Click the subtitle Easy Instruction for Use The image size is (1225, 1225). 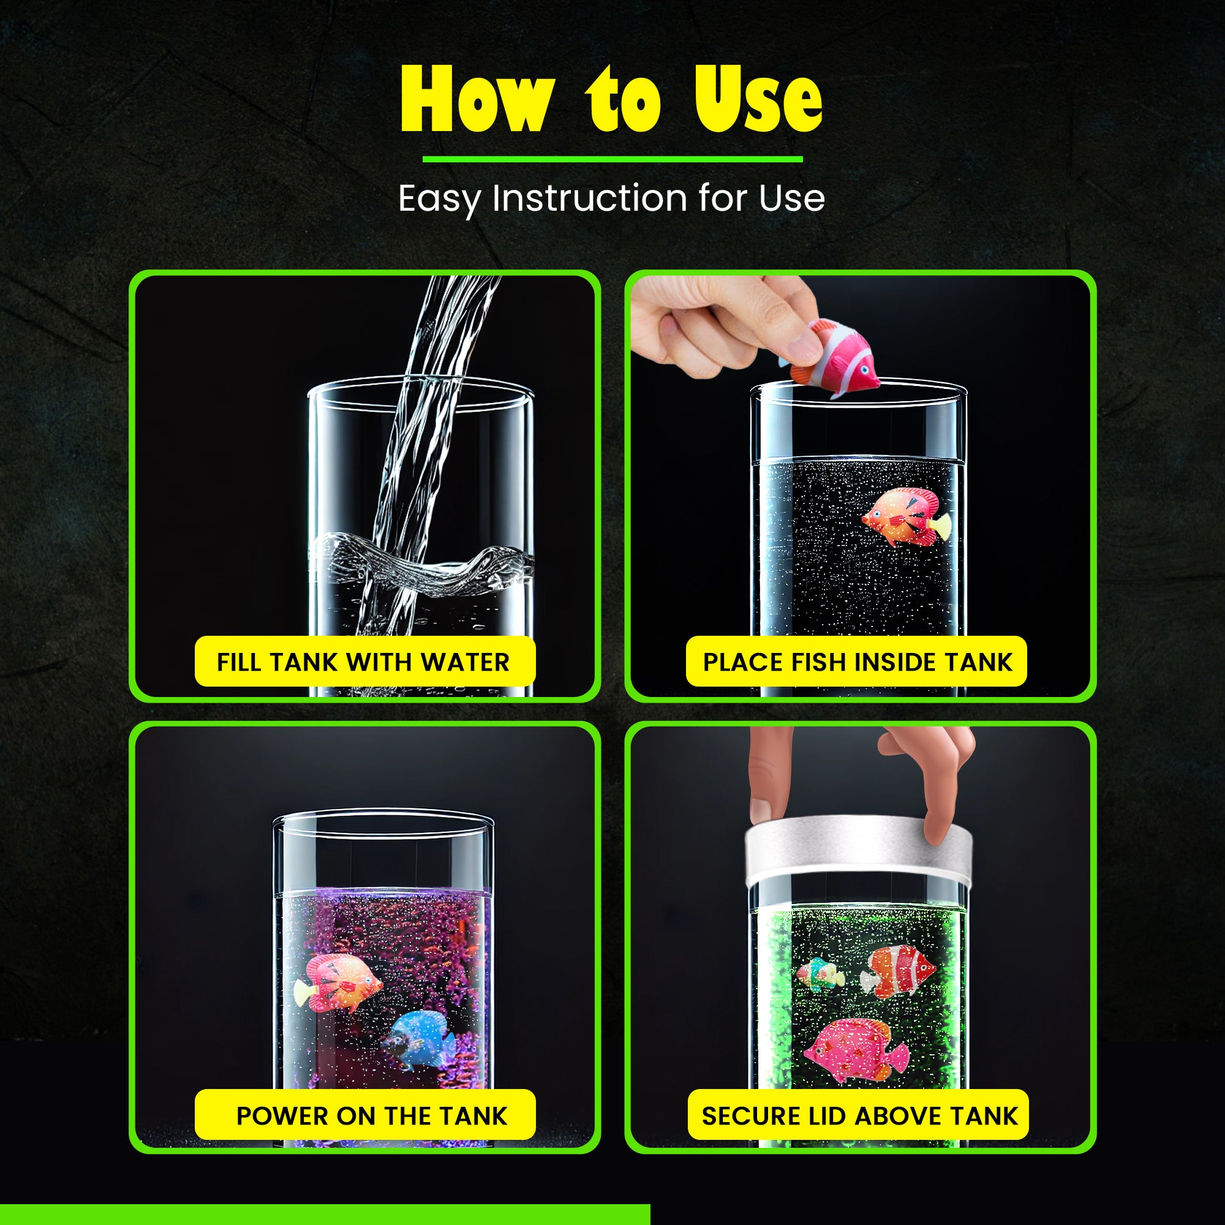click(x=611, y=198)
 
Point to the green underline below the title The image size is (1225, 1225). click(x=612, y=159)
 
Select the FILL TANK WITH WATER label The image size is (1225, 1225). click(x=364, y=662)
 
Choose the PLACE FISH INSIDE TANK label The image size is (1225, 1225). click(x=857, y=662)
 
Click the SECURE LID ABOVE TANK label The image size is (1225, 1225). click(x=859, y=1116)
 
